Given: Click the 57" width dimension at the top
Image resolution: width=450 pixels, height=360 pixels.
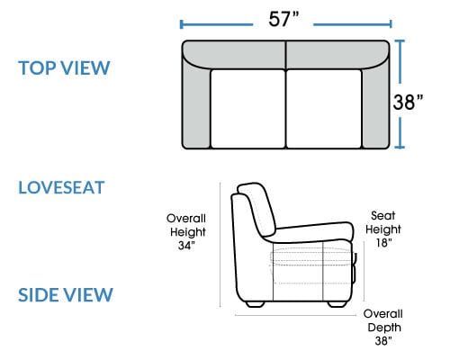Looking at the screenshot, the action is tap(283, 19).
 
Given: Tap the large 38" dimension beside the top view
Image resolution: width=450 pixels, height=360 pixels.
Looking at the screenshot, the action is tap(408, 102).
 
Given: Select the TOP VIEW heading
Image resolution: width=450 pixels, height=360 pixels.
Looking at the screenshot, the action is tap(64, 67).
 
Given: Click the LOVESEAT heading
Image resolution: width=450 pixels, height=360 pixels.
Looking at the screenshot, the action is tap(61, 187).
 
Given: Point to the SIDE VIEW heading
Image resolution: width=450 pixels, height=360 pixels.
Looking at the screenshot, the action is tap(66, 294).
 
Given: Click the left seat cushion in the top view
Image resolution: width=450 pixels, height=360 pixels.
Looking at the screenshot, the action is tap(247, 109).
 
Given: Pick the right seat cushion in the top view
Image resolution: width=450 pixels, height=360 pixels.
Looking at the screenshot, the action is tap(324, 109).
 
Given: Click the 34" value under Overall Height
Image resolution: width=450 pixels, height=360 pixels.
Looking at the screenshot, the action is tap(186, 246).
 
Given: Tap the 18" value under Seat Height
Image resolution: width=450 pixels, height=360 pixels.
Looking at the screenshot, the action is tap(384, 243).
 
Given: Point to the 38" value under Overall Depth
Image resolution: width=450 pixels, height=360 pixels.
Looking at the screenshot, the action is tap(383, 341).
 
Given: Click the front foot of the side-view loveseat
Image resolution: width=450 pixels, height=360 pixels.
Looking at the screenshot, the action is tap(337, 304).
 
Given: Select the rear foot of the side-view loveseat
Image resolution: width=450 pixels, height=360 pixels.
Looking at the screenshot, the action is tap(256, 304).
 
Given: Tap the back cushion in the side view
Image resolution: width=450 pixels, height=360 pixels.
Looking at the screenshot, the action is tap(257, 209).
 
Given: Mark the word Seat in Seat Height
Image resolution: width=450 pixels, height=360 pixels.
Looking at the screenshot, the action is tap(383, 215).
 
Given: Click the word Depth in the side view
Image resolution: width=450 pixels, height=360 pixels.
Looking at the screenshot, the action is tap(384, 328).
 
